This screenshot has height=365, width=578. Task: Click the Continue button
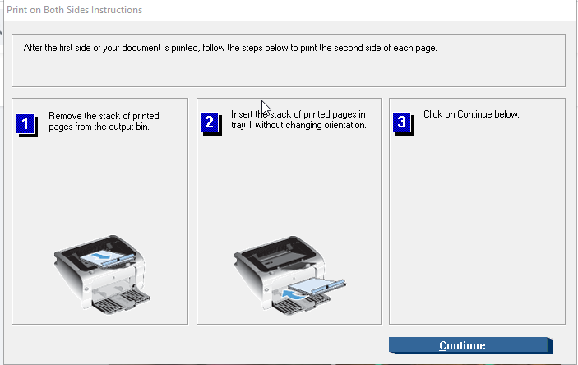pyautogui.click(x=471, y=345)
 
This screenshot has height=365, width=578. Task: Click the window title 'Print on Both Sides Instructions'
pyautogui.click(x=75, y=10)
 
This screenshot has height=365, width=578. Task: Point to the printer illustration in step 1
pyautogui.click(x=101, y=275)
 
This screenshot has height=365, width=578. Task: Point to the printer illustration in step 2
pyautogui.click(x=289, y=275)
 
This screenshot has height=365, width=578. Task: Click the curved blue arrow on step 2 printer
pyautogui.click(x=294, y=294)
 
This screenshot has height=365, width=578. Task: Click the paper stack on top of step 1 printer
pyautogui.click(x=106, y=257)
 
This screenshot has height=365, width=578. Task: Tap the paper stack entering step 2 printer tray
pyautogui.click(x=317, y=286)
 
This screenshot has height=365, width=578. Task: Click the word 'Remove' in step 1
pyautogui.click(x=65, y=116)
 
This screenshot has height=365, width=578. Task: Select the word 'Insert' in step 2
pyautogui.click(x=242, y=114)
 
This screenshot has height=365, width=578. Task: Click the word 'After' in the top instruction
pyautogui.click(x=33, y=48)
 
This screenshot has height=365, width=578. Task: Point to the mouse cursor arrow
pyautogui.click(x=266, y=108)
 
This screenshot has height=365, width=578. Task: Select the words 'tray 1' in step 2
pyautogui.click(x=242, y=125)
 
